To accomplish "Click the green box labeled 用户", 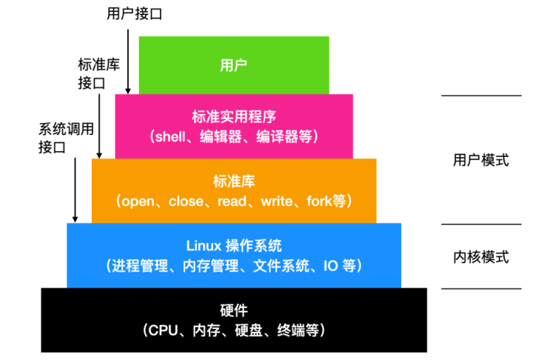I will [x=234, y=64].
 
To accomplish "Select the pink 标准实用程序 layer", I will [x=234, y=126].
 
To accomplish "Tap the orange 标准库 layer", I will [x=234, y=190].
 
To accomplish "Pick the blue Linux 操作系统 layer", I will [x=234, y=255].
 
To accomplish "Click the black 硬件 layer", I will [x=234, y=319].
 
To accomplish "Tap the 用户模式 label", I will [x=481, y=160].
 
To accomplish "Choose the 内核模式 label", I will [x=481, y=257].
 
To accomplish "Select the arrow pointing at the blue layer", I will [x=75, y=185].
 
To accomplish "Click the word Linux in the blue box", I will [x=201, y=245].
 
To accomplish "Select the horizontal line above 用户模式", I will [x=481, y=96].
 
